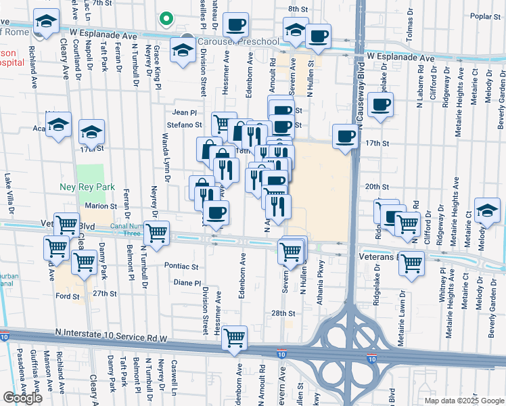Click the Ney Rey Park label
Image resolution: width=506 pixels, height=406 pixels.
pyautogui.click(x=95, y=187)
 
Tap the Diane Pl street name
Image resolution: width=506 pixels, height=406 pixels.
pyautogui.click(x=187, y=282)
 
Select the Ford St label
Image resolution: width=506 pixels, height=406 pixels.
pyautogui.click(x=68, y=296)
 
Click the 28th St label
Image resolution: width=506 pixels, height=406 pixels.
pyautogui.click(x=283, y=313)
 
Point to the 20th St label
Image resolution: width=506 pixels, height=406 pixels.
pyautogui.click(x=377, y=187)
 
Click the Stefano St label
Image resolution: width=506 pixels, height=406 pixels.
pyautogui.click(x=185, y=125)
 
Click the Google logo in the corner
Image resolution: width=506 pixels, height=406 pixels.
pyautogui.click(x=23, y=398)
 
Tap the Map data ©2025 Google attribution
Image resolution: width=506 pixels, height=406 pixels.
pyautogui.click(x=463, y=401)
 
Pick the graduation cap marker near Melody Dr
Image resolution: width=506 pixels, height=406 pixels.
pyautogui.click(x=487, y=210)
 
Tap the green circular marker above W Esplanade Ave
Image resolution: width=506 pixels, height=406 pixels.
pyautogui.click(x=164, y=19)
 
